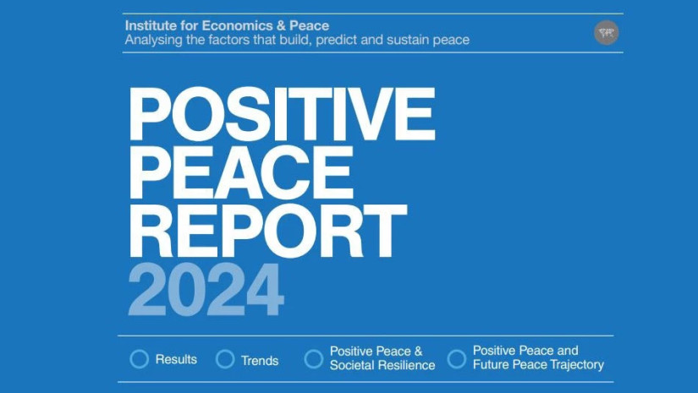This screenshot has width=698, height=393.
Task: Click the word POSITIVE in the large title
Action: [282, 114]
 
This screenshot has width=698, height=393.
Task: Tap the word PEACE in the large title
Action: [241, 172]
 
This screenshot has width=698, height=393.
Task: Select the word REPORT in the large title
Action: [267, 232]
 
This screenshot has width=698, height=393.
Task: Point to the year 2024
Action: [206, 289]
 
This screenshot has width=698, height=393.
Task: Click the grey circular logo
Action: [607, 32]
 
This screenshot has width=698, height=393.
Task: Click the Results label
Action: [176, 359]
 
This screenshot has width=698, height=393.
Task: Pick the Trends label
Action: [260, 361]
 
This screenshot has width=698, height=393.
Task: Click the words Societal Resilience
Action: [382, 365]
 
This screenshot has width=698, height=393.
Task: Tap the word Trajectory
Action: [577, 365]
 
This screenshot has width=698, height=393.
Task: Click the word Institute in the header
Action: [151, 25]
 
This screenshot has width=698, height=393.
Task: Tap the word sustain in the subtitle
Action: [408, 40]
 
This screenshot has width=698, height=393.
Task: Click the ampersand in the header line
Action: [280, 25]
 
